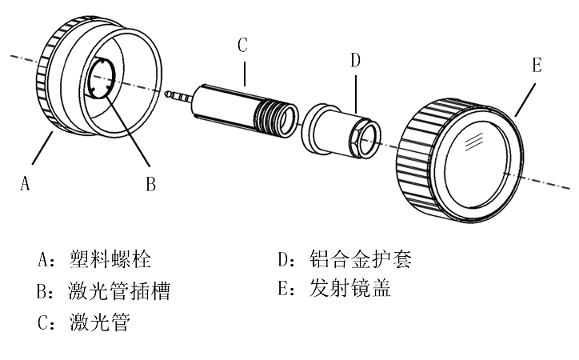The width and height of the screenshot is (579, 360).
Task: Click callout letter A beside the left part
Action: tap(25, 183)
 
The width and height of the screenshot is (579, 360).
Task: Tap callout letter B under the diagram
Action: tap(150, 183)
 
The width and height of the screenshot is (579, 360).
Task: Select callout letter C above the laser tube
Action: tap(242, 46)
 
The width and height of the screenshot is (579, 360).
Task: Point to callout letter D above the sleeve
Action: tap(355, 60)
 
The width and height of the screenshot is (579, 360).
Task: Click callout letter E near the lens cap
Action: tap(537, 65)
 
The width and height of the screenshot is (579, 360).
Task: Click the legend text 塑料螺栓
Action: tap(110, 259)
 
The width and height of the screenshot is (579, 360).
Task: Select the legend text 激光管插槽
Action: tap(119, 290)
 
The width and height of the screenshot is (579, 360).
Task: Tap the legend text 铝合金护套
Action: tap(361, 259)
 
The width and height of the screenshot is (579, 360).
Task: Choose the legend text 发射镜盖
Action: tap(350, 288)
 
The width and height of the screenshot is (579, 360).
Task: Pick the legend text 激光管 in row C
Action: tap(100, 322)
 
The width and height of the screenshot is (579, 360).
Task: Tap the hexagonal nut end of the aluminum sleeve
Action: tap(364, 137)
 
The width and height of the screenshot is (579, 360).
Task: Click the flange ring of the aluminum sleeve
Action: tap(311, 127)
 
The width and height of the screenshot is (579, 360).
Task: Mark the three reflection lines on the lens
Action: tap(473, 142)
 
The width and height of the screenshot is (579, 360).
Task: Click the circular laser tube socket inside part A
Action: tap(102, 78)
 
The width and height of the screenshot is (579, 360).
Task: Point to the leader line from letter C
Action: tap(245, 74)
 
